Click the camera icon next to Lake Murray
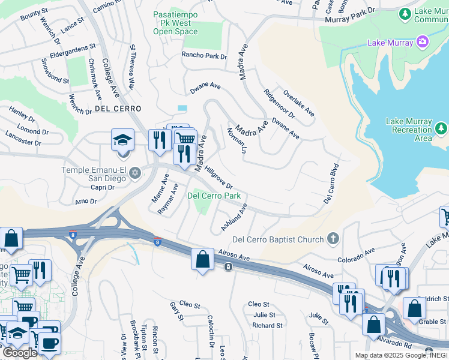tap(423, 42)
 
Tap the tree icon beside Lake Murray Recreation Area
tap(441, 128)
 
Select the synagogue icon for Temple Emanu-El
tap(135, 173)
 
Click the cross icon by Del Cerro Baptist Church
tap(333, 239)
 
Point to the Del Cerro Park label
tap(214, 196)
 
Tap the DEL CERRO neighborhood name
tap(118, 109)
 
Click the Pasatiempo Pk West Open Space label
tap(175, 22)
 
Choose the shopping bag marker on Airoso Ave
tap(203, 260)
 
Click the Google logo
tap(20, 352)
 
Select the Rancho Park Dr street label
tap(205, 56)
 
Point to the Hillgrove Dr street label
tap(217, 178)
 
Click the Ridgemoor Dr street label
tap(279, 104)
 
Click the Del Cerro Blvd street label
tap(332, 184)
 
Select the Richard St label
tap(267, 326)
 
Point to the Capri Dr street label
tap(103, 187)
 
